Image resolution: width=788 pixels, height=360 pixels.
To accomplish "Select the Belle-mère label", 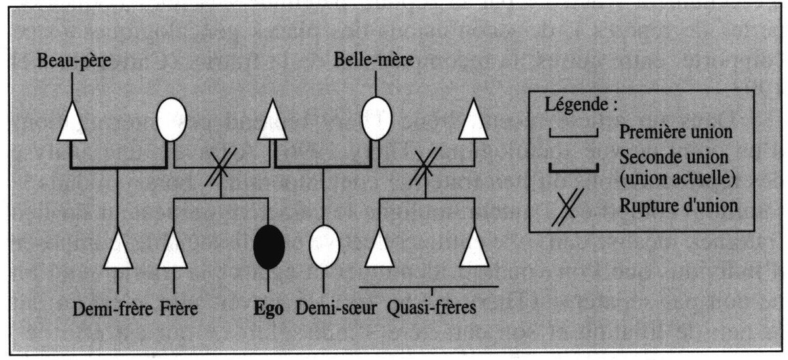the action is coord(374,62).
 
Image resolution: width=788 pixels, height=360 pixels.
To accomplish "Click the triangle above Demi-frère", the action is coord(118,250).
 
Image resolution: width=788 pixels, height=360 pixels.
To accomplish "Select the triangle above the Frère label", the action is coord(173,250).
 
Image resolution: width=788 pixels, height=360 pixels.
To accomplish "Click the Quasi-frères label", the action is coord(429,309).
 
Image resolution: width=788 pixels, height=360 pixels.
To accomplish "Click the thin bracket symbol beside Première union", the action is coord(573,134).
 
